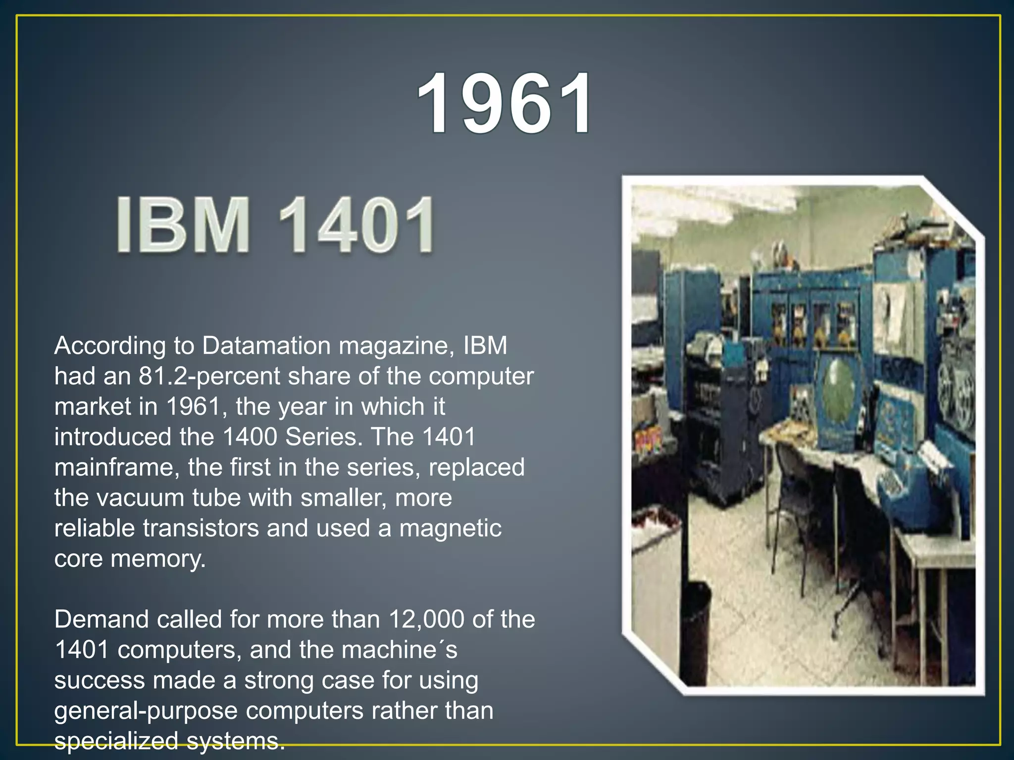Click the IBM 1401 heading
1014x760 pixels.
pos(276,225)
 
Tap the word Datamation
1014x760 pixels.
pos(266,345)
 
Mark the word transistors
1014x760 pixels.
pos(201,528)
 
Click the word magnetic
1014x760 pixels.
pos(450,528)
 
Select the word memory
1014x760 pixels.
pos(157,560)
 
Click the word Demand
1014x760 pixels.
pos(101,619)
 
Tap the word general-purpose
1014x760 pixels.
pos(146,712)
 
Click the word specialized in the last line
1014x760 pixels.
pos(116,741)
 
